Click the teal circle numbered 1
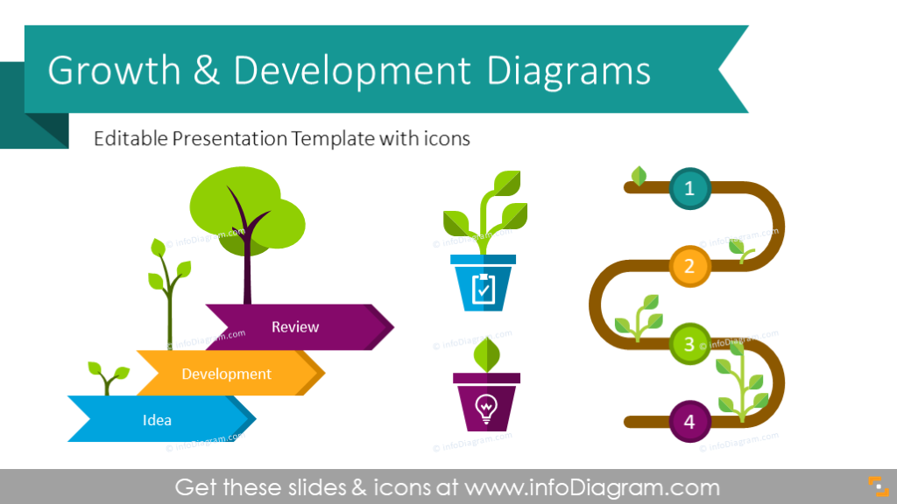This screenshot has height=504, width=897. [689, 187]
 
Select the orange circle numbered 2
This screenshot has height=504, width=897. [689, 266]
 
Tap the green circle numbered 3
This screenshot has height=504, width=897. [689, 344]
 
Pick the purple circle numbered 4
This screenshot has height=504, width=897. [689, 423]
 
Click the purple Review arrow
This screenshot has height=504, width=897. [295, 327]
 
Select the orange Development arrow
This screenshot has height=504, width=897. [226, 374]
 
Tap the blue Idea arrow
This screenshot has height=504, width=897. [158, 420]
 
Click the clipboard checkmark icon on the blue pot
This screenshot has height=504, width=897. [483, 288]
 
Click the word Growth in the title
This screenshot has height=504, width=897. [115, 71]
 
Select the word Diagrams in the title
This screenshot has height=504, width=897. [569, 71]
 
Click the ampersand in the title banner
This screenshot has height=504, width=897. [208, 71]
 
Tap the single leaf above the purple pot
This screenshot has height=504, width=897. [484, 353]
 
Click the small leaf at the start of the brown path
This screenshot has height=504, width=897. [639, 177]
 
